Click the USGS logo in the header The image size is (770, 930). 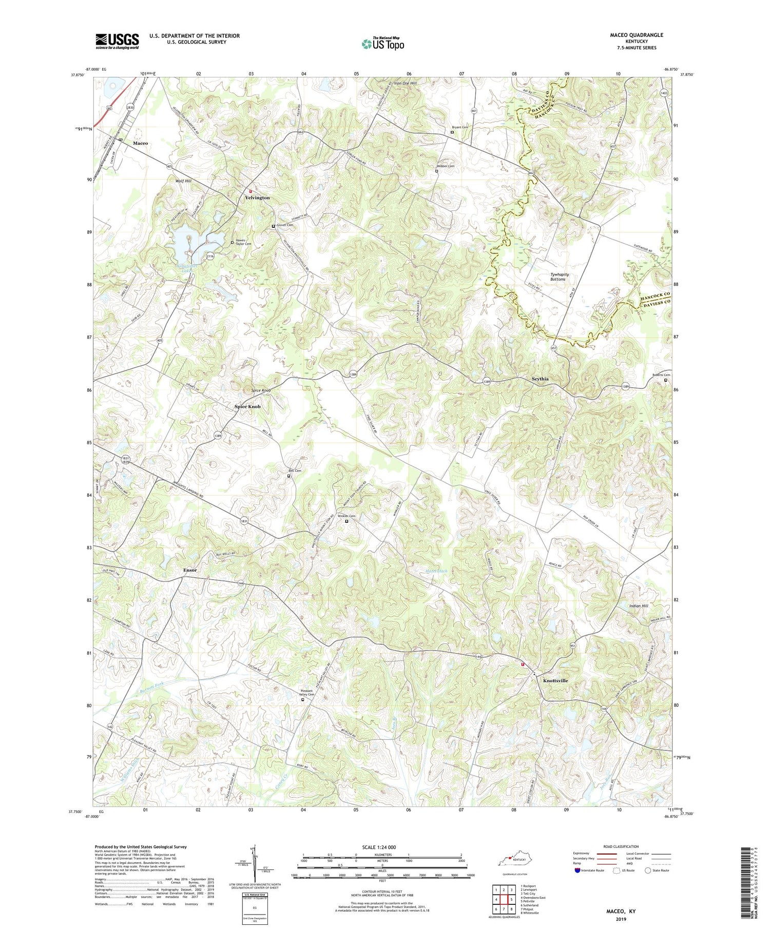117,41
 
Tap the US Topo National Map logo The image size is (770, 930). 382,44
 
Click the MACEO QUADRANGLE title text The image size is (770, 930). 629,35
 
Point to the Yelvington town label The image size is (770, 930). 257,197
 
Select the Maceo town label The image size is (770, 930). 140,143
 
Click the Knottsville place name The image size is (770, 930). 555,680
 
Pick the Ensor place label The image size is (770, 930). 190,570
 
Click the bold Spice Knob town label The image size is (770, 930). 247,406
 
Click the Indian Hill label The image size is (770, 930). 639,606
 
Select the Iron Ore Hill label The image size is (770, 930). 406,82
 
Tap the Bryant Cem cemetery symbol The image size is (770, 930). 452,132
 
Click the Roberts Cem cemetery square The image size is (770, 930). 666,380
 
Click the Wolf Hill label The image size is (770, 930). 183,181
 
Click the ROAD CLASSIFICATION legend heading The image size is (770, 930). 621,846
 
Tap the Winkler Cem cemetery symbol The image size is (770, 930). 346,521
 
